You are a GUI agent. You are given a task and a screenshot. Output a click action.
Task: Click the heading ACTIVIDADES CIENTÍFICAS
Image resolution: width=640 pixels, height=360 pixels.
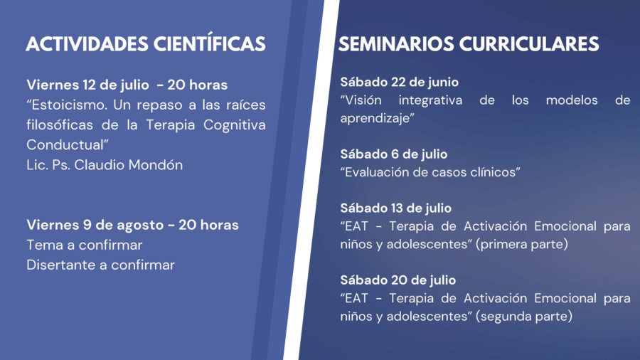click(146, 43)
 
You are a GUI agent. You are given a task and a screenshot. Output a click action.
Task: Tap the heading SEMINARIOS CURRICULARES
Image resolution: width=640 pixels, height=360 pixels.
click(469, 44)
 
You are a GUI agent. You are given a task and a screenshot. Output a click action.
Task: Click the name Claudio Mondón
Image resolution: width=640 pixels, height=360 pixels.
click(128, 165)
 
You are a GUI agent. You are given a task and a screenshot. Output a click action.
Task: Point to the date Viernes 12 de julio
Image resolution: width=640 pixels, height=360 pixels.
click(87, 85)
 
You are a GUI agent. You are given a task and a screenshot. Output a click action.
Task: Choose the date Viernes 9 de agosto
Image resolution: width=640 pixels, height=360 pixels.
click(95, 225)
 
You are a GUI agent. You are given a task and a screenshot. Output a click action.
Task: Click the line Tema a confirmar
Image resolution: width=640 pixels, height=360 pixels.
click(85, 245)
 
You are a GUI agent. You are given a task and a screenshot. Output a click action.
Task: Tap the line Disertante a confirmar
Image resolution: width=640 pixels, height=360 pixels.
click(100, 265)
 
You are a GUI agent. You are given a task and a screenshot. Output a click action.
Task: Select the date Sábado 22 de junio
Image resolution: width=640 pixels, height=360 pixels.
click(399, 82)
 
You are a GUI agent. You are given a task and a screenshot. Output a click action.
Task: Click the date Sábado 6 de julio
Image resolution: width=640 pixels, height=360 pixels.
click(393, 154)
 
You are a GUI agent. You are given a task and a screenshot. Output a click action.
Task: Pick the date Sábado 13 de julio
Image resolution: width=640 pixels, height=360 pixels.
click(395, 208)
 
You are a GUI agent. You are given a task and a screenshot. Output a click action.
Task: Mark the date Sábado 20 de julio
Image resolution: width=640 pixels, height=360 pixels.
click(398, 280)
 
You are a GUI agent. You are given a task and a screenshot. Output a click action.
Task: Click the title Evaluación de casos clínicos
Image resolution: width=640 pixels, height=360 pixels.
click(430, 172)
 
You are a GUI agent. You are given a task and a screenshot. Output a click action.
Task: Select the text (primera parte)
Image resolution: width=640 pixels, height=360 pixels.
click(522, 244)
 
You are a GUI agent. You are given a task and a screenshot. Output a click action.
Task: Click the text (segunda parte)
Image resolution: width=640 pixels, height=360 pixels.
click(524, 317)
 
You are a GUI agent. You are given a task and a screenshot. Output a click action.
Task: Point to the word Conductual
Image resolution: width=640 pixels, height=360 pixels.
click(65, 145)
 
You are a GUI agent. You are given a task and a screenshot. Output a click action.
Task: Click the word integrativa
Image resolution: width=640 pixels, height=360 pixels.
click(430, 100)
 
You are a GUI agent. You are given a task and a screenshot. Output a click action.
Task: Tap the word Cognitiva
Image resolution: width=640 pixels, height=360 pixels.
click(234, 125)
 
